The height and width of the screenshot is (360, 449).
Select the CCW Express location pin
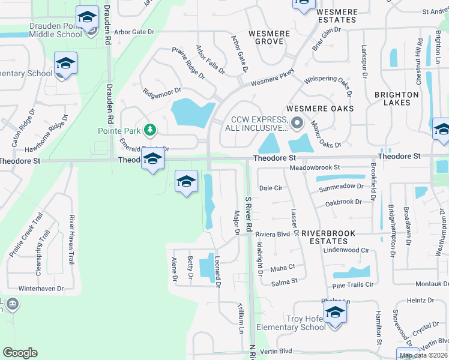point(297,124)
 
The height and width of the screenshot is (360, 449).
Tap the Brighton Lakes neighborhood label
point(396,98)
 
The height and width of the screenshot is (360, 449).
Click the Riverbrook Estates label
point(328,237)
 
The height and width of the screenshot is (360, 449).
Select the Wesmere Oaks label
point(320,109)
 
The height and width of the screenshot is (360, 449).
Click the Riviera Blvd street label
point(273,234)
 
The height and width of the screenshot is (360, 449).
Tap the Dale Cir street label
point(271,188)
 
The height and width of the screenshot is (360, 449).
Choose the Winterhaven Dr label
point(41,289)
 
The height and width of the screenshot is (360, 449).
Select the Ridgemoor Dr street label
point(162,92)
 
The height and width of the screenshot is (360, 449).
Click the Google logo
point(20,353)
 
